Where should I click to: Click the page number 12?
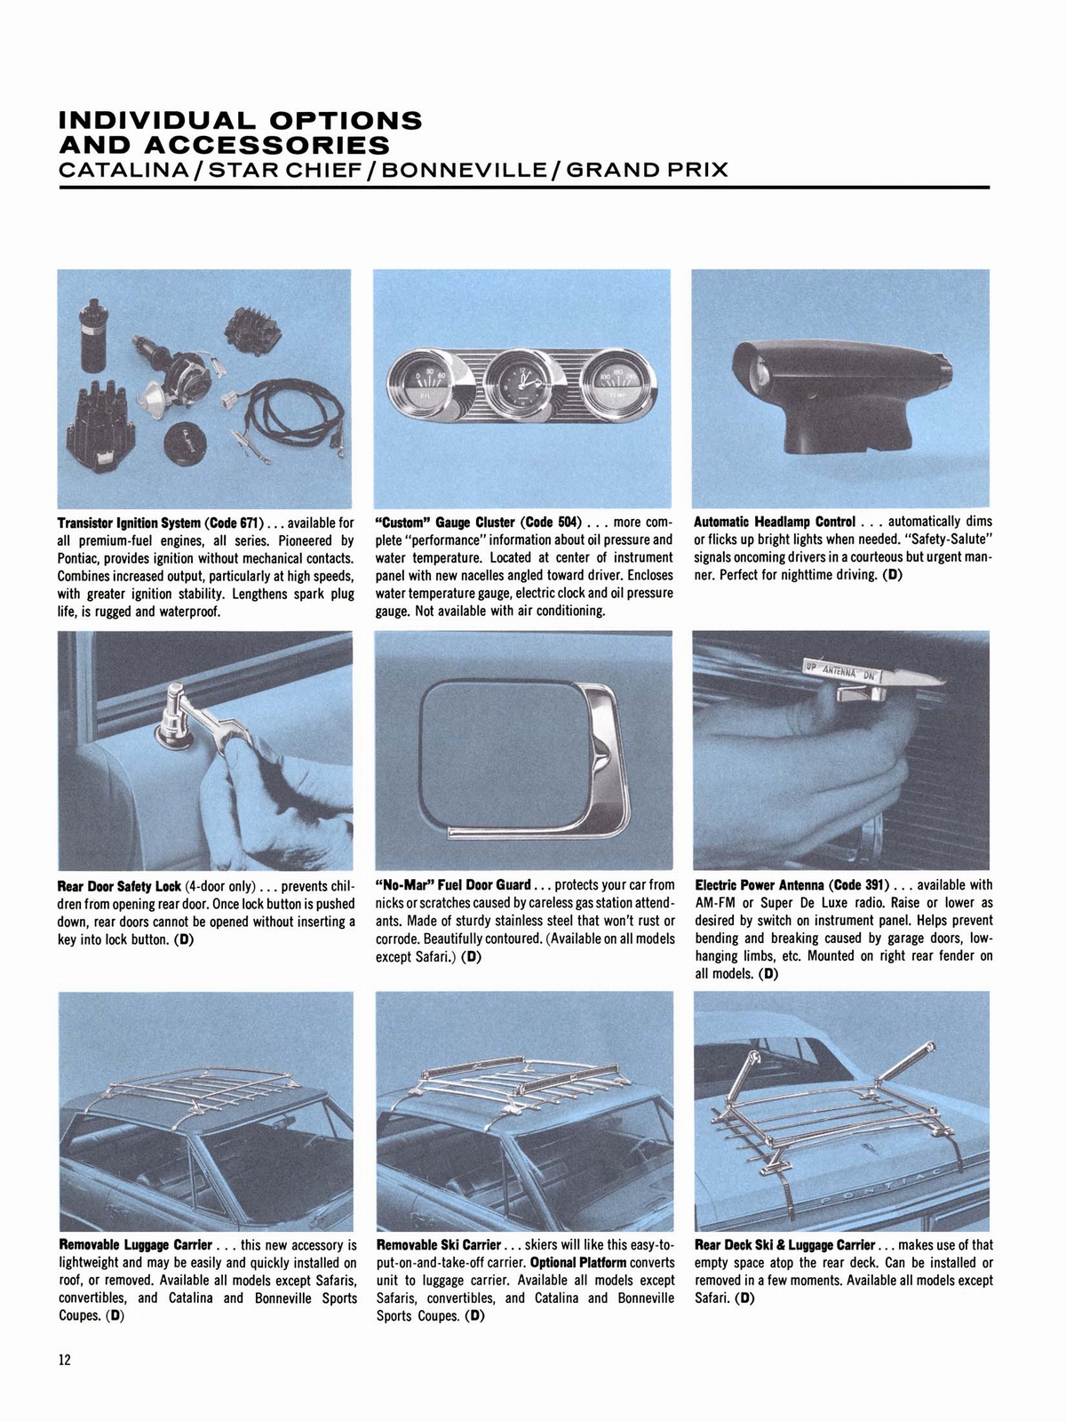pyautogui.click(x=63, y=1361)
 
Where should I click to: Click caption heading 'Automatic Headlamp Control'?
pyautogui.click(x=775, y=523)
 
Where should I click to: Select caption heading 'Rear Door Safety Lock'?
pyautogui.click(x=119, y=886)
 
